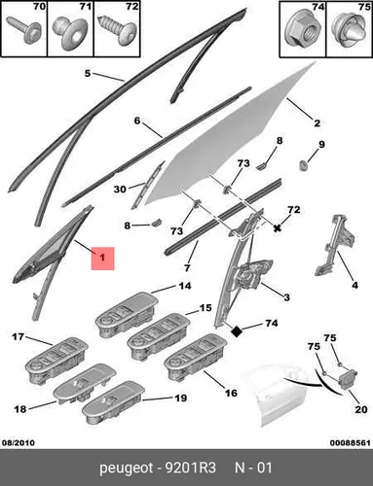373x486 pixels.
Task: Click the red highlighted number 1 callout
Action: click(x=102, y=259)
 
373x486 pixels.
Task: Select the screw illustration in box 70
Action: click(x=24, y=29)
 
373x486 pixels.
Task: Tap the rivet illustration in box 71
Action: click(x=70, y=33)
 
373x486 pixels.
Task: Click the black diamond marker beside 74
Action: click(x=237, y=331)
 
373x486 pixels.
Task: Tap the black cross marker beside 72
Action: click(x=277, y=228)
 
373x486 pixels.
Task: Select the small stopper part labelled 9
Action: click(x=303, y=165)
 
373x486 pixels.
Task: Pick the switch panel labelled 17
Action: click(x=56, y=361)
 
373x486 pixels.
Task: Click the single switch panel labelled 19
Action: click(x=113, y=402)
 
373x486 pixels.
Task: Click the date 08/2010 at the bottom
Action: click(x=19, y=442)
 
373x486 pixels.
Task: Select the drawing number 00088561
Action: click(x=351, y=442)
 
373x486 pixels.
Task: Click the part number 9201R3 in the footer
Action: click(x=191, y=468)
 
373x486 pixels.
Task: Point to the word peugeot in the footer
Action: click(x=126, y=469)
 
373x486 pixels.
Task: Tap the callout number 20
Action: click(x=360, y=409)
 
